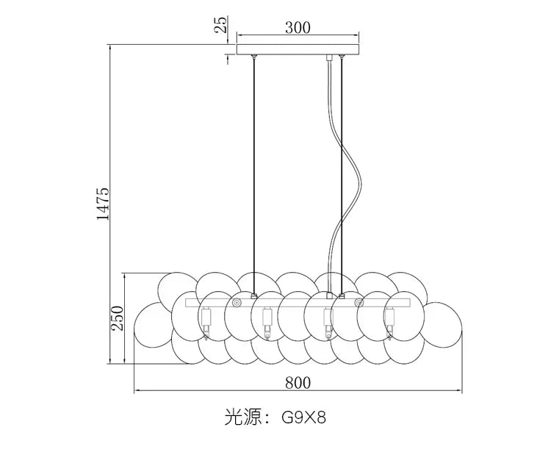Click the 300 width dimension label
point(298,27)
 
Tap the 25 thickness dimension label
point(221,24)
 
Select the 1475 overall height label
point(103,204)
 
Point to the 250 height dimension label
point(118,318)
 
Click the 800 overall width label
point(298,383)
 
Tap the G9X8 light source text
point(304,417)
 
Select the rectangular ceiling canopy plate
point(298,49)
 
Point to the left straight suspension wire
point(254,176)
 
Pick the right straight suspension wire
point(341,176)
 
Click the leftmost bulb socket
point(206,323)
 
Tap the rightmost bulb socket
point(389,323)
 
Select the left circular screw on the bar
point(236,303)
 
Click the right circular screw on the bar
point(359,303)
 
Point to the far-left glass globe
point(153,325)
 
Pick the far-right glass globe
point(444,325)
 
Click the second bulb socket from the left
point(267,323)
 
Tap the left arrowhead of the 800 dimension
point(138,390)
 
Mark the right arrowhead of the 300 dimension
point(356,35)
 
